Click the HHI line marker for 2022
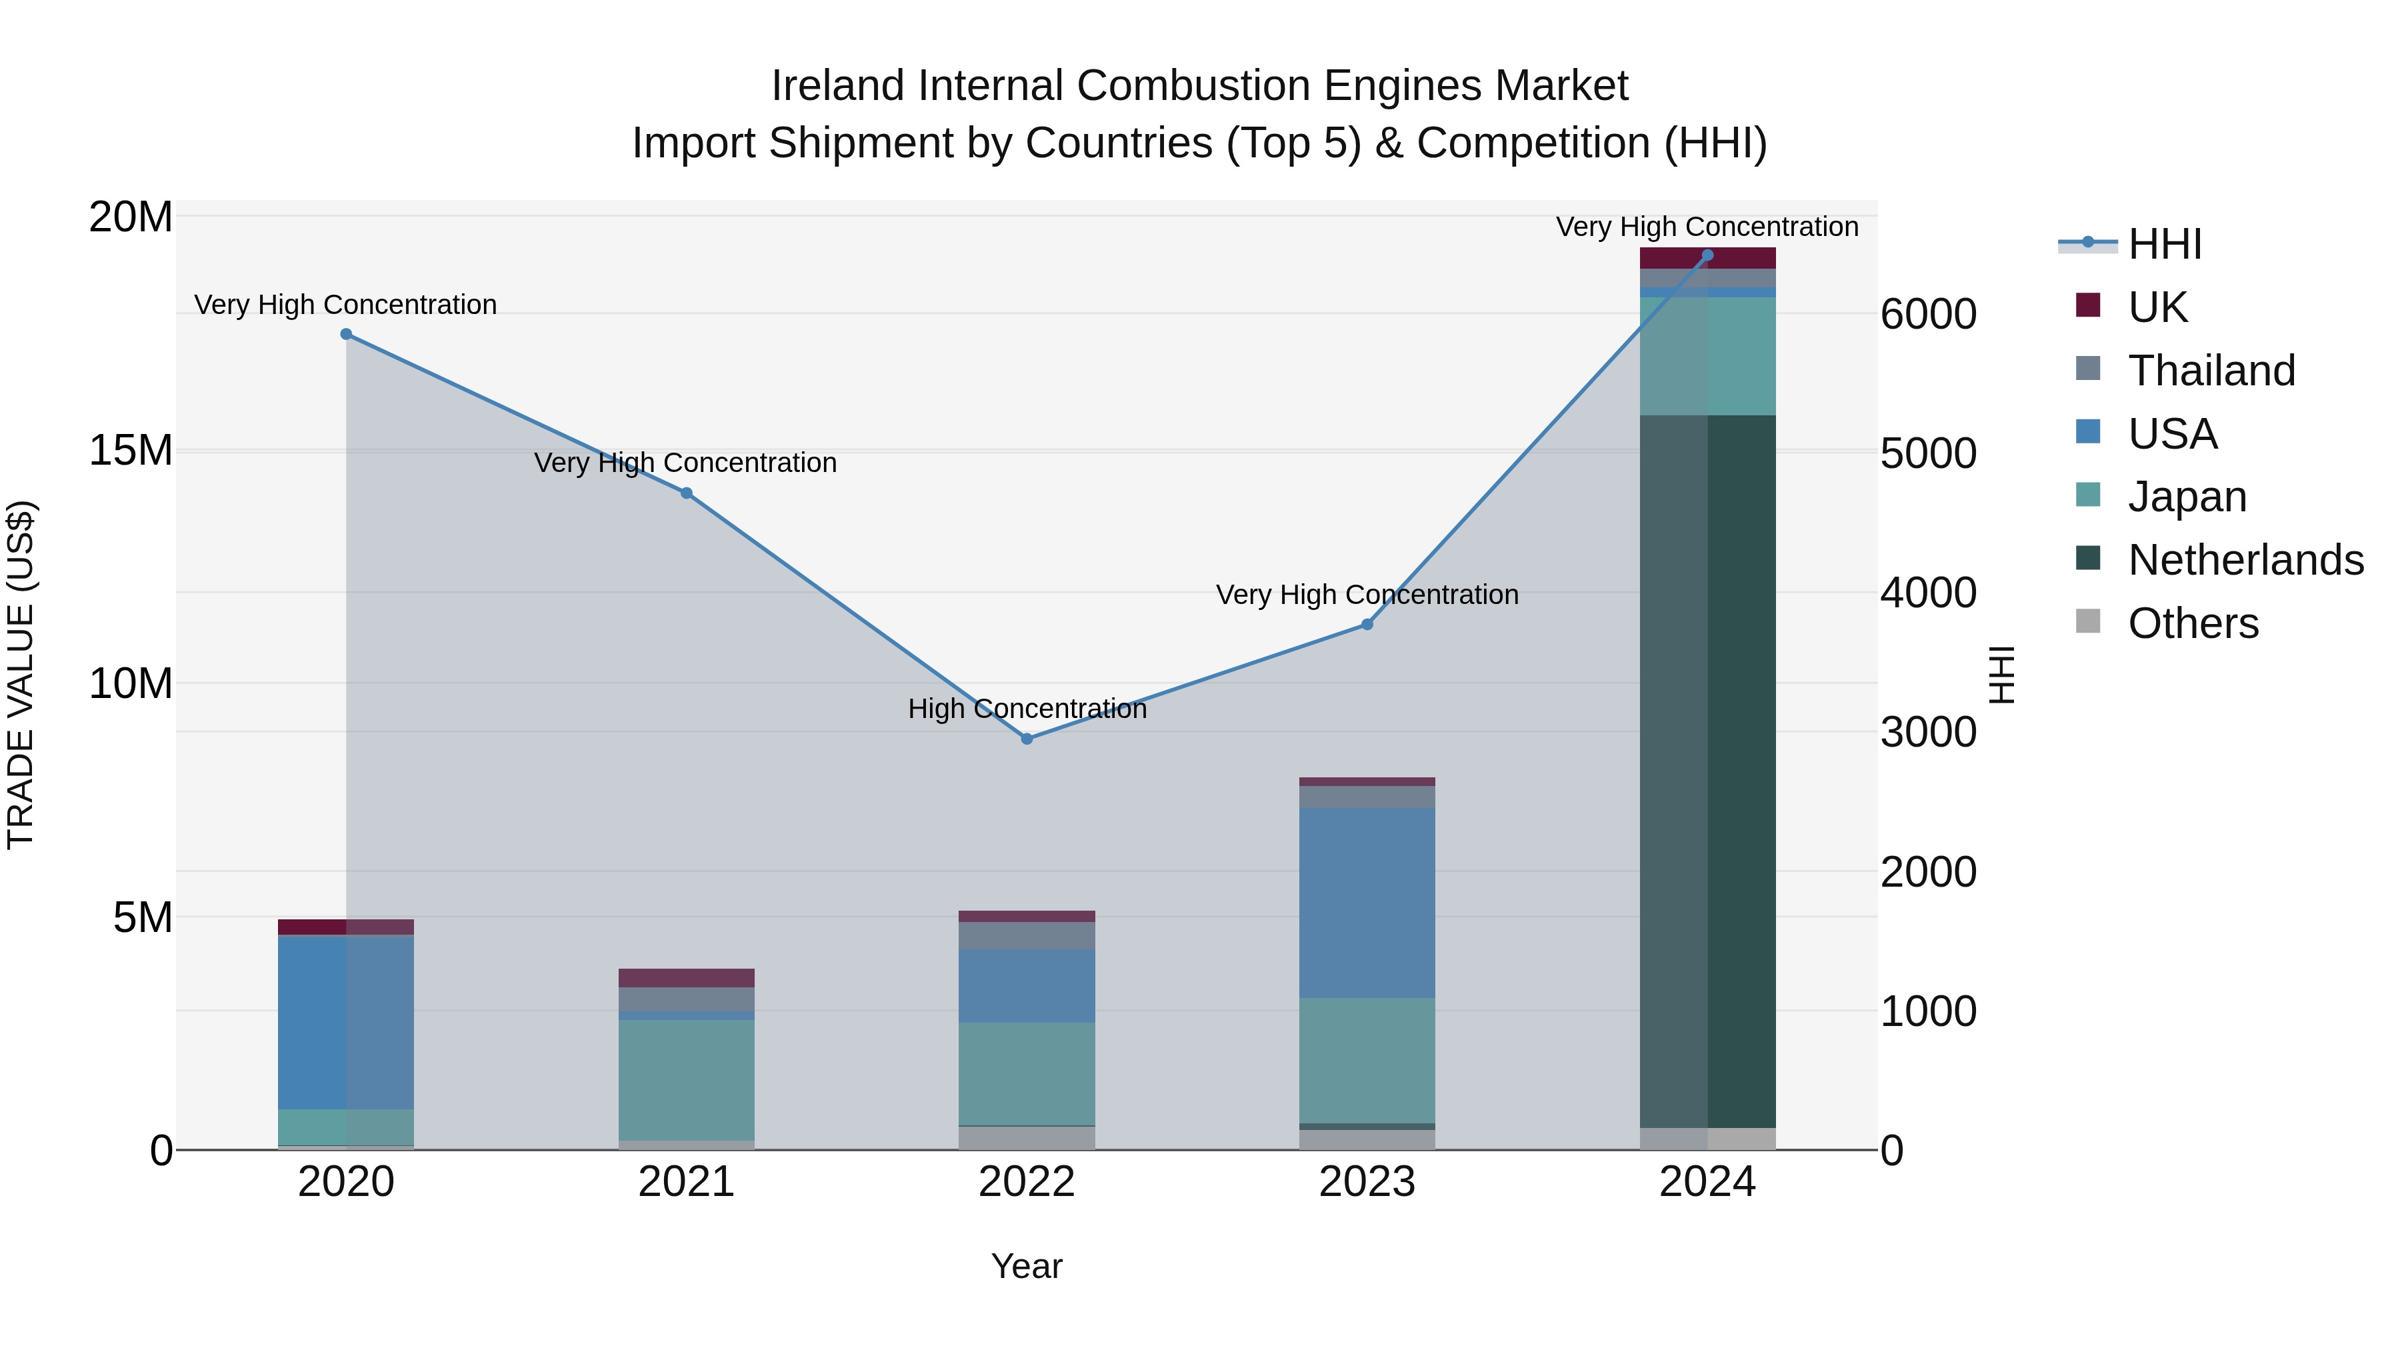[x=1027, y=739]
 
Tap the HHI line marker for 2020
[x=345, y=333]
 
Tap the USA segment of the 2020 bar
[x=345, y=1021]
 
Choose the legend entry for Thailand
[x=2211, y=371]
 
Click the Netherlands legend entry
[x=2245, y=560]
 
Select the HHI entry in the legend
[x=2164, y=244]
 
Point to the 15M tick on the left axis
[x=131, y=450]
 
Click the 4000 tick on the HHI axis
[x=1927, y=593]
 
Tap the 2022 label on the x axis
[x=1027, y=1182]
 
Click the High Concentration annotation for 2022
[x=1027, y=709]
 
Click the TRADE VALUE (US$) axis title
[x=21, y=675]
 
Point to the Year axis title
[x=1027, y=1266]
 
